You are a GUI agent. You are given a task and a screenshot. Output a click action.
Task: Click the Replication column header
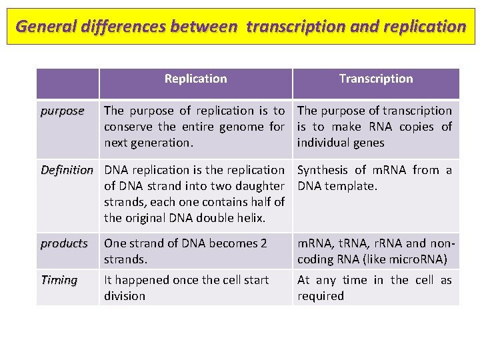[x=195, y=79]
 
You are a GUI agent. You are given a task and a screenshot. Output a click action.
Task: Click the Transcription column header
[x=376, y=79]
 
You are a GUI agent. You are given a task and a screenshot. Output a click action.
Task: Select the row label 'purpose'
[x=62, y=111]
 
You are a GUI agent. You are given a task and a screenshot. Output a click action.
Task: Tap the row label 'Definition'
[x=67, y=170]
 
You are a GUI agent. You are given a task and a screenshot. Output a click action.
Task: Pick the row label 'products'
[x=64, y=243]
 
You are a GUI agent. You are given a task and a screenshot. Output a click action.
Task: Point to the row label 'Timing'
[x=59, y=280]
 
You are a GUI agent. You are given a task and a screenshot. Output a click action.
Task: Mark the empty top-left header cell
[x=67, y=83]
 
